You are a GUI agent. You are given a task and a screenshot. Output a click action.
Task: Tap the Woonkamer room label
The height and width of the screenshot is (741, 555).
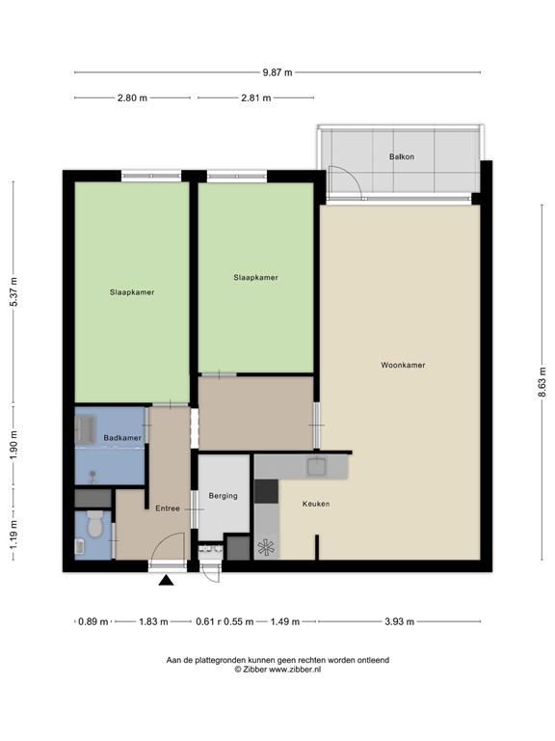[x=403, y=366]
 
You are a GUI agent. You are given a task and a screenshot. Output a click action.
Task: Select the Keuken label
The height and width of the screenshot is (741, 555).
[x=317, y=504]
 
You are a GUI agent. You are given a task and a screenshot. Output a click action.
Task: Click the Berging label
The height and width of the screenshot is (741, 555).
[x=223, y=497]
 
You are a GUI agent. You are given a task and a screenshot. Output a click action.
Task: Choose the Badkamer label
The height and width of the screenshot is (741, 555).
[x=122, y=438]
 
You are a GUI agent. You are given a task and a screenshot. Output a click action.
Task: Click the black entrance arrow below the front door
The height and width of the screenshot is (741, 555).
[x=168, y=581]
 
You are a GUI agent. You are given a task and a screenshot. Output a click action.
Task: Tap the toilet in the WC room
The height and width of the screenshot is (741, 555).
[x=94, y=527]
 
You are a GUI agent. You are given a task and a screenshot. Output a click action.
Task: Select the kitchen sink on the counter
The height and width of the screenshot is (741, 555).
[x=317, y=468]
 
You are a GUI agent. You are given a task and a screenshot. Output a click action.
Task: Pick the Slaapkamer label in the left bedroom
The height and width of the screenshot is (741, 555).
[x=132, y=292]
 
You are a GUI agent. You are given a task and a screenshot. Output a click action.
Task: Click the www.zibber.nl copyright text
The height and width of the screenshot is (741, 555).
[x=277, y=670]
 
